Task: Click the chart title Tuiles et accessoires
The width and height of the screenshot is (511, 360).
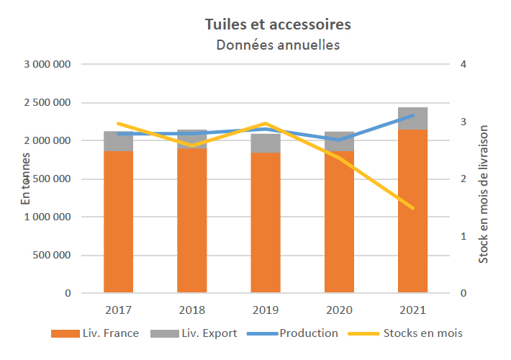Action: [278, 24]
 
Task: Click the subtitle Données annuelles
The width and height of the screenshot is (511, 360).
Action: [278, 45]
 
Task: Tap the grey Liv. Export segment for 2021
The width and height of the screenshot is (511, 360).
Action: [413, 118]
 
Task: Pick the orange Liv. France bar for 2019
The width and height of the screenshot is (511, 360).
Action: [266, 223]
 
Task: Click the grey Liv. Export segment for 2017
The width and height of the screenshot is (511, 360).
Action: [118, 141]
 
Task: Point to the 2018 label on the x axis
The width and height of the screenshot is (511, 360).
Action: [191, 310]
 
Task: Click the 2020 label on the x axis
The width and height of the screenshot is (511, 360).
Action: [339, 310]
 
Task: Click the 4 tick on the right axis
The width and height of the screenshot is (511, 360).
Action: [463, 64]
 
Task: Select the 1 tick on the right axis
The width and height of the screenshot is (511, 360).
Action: [463, 236]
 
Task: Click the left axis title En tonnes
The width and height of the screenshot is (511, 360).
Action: [27, 179]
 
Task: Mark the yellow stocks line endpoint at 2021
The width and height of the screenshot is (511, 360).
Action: [413, 208]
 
